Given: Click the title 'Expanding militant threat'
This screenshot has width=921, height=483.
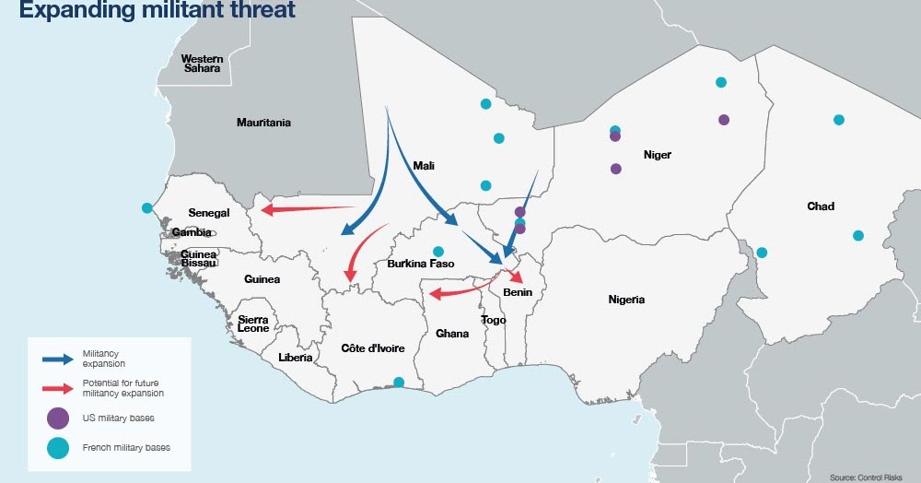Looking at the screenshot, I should point(157,11).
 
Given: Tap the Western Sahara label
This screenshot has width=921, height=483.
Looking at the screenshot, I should point(202,64).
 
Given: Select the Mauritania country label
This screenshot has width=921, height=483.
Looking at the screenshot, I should point(263,123).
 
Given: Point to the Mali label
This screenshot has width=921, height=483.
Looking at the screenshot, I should point(424,166).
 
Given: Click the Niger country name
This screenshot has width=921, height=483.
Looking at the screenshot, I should point(657,155).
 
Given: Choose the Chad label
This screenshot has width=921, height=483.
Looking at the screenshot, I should point(820,206).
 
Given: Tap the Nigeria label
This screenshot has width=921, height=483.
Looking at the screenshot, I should point(626,300).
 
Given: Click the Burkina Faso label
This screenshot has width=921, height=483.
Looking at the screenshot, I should point(421,264).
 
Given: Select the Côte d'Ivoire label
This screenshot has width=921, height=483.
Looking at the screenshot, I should point(373,348).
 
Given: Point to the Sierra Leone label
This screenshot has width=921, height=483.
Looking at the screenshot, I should point(253,324).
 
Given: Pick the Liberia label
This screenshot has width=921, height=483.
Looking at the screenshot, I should point(295,357).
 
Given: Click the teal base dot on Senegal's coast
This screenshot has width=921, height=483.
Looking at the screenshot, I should point(146,208).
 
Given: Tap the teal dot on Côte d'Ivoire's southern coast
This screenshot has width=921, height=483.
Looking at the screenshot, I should point(398,382).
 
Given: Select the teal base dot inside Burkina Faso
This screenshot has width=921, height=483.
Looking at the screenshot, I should point(438,251).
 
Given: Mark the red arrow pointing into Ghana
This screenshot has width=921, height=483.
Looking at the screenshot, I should point(460,292).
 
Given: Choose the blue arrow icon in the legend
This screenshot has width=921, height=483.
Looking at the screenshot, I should point(57,358).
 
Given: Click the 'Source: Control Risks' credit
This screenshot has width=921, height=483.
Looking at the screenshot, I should point(868,477).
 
